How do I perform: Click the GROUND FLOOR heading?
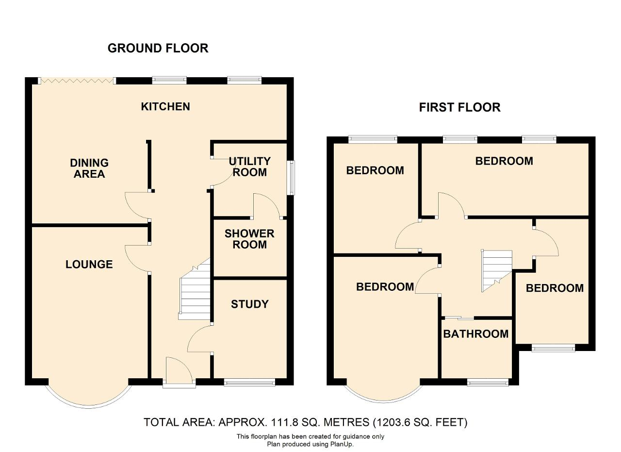click(x=158, y=48)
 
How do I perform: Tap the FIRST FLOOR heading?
click(x=459, y=107)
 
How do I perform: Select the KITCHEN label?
click(x=165, y=106)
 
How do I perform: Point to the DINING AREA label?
click(x=89, y=168)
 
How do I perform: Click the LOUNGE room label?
click(x=89, y=265)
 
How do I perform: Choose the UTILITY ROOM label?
click(x=249, y=167)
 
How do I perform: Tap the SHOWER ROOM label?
click(x=249, y=239)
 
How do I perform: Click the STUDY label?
click(x=250, y=304)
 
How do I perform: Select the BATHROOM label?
click(x=476, y=334)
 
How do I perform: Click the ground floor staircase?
click(x=195, y=289)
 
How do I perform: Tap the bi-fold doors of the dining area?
click(x=77, y=81)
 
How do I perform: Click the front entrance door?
click(x=179, y=372)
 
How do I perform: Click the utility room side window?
click(x=291, y=178)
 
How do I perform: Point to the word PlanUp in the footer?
click(x=342, y=444)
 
